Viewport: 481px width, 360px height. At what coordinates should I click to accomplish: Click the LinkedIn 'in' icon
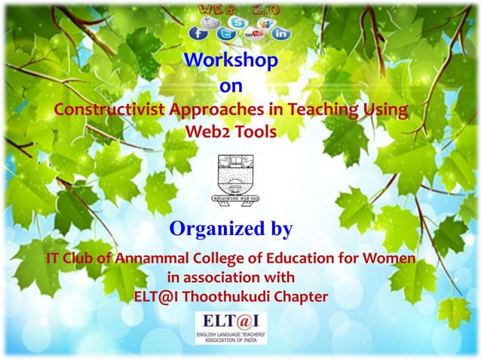(x=280, y=33)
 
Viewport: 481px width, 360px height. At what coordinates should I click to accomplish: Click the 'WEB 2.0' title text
(x=240, y=7)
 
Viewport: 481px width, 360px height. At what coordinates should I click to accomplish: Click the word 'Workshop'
(x=230, y=59)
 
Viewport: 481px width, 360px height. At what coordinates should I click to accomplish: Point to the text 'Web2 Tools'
(x=230, y=132)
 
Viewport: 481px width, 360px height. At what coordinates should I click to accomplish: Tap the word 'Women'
(x=387, y=258)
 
